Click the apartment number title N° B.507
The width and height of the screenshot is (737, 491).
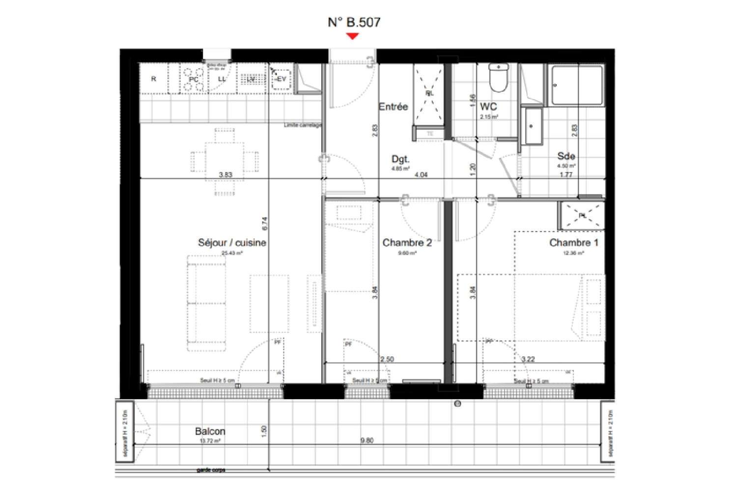tap(354, 22)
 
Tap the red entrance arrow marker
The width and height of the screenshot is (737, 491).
tap(352, 36)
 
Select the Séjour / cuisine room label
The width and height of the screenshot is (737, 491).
tap(232, 243)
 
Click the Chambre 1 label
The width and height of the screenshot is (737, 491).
tap(573, 243)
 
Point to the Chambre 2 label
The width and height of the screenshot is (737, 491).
tap(407, 243)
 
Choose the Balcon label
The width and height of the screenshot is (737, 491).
tap(210, 432)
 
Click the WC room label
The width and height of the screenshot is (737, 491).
tap(488, 107)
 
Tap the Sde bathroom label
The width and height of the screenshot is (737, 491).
tap(566, 156)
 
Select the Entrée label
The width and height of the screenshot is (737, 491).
tap(393, 107)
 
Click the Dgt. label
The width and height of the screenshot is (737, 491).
tap(400, 159)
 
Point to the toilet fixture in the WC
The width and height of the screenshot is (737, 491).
tap(499, 79)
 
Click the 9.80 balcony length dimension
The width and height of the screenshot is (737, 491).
tap(367, 440)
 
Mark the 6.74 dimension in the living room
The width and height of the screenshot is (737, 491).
tap(265, 225)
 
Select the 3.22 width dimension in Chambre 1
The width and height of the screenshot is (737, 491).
tap(528, 359)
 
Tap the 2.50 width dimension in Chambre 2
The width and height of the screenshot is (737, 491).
tap(387, 359)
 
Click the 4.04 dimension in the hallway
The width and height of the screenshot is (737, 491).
tap(421, 174)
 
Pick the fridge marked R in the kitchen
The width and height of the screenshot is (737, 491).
tap(154, 79)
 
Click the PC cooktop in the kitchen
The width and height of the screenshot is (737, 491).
tap(194, 79)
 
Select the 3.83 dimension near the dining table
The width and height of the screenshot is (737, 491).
tap(225, 174)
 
